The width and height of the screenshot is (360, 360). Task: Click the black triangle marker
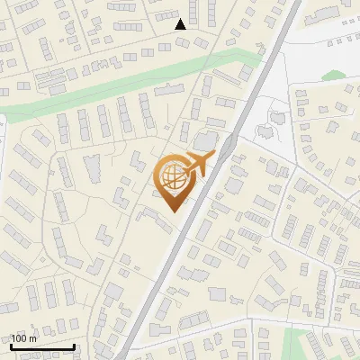pyautogui.click(x=181, y=24)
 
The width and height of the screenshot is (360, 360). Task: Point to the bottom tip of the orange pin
pyautogui.click(x=171, y=211)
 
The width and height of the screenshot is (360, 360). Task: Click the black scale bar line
pyautogui.click(x=41, y=347)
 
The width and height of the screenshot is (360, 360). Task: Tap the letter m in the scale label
pyautogui.click(x=33, y=338)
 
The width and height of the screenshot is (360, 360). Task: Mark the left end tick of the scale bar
pyautogui.click(x=10, y=346)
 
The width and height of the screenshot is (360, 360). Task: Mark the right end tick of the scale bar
pyautogui.click(x=74, y=346)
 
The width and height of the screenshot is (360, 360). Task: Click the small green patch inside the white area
pyautogui.click(x=334, y=76)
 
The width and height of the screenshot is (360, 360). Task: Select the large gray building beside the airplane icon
pyautogui.click(x=206, y=141)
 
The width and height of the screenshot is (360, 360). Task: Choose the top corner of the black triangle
pyautogui.click(x=181, y=19)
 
